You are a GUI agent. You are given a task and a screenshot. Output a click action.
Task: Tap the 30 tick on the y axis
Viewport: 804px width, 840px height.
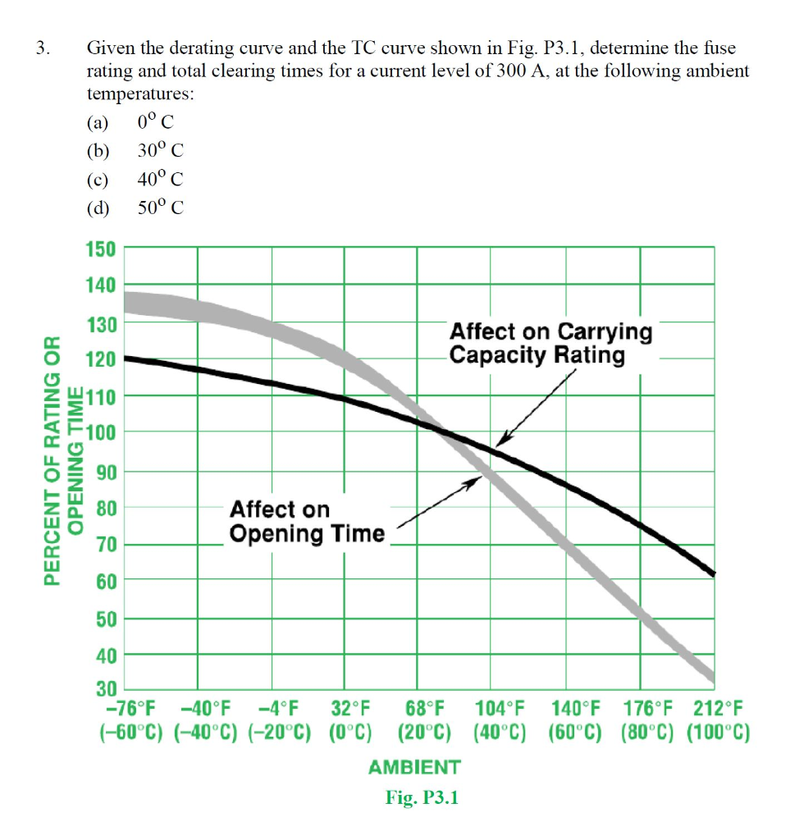coord(107,690)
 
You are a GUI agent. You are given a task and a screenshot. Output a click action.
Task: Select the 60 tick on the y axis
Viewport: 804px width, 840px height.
coord(107,582)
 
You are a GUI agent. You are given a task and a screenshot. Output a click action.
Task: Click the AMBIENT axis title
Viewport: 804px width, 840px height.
coord(414,768)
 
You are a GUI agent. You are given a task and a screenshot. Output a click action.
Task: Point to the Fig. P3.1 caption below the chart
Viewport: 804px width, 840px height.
coord(422,797)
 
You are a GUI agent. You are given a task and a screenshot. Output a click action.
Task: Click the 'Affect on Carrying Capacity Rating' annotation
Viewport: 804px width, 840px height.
coord(550,344)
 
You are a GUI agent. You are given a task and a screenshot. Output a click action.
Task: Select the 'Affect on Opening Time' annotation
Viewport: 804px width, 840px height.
coord(306,522)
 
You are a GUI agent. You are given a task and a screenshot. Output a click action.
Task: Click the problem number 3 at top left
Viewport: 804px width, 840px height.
coord(42,49)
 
